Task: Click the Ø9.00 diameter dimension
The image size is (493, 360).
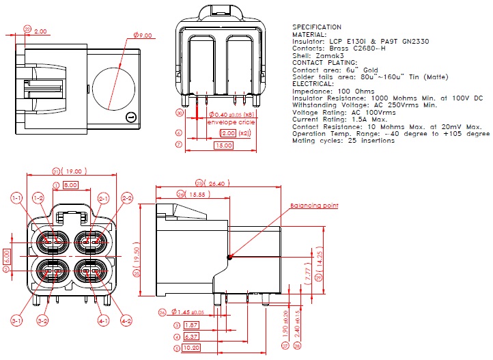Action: (143, 34)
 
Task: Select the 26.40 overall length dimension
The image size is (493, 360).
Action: (216, 183)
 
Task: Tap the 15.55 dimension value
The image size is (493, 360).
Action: (197, 195)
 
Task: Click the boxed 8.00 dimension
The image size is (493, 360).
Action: (70, 185)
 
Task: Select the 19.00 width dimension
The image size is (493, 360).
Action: (74, 171)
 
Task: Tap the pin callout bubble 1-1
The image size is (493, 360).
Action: (17, 197)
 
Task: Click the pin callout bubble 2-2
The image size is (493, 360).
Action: (127, 197)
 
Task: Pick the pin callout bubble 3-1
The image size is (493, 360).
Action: (17, 320)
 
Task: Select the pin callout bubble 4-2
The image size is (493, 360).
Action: (127, 320)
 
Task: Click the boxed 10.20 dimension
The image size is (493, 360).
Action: (191, 348)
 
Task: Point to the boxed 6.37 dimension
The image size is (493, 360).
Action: (191, 337)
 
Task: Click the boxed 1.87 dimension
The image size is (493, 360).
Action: (191, 325)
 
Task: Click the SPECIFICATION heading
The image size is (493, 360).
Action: (317, 27)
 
